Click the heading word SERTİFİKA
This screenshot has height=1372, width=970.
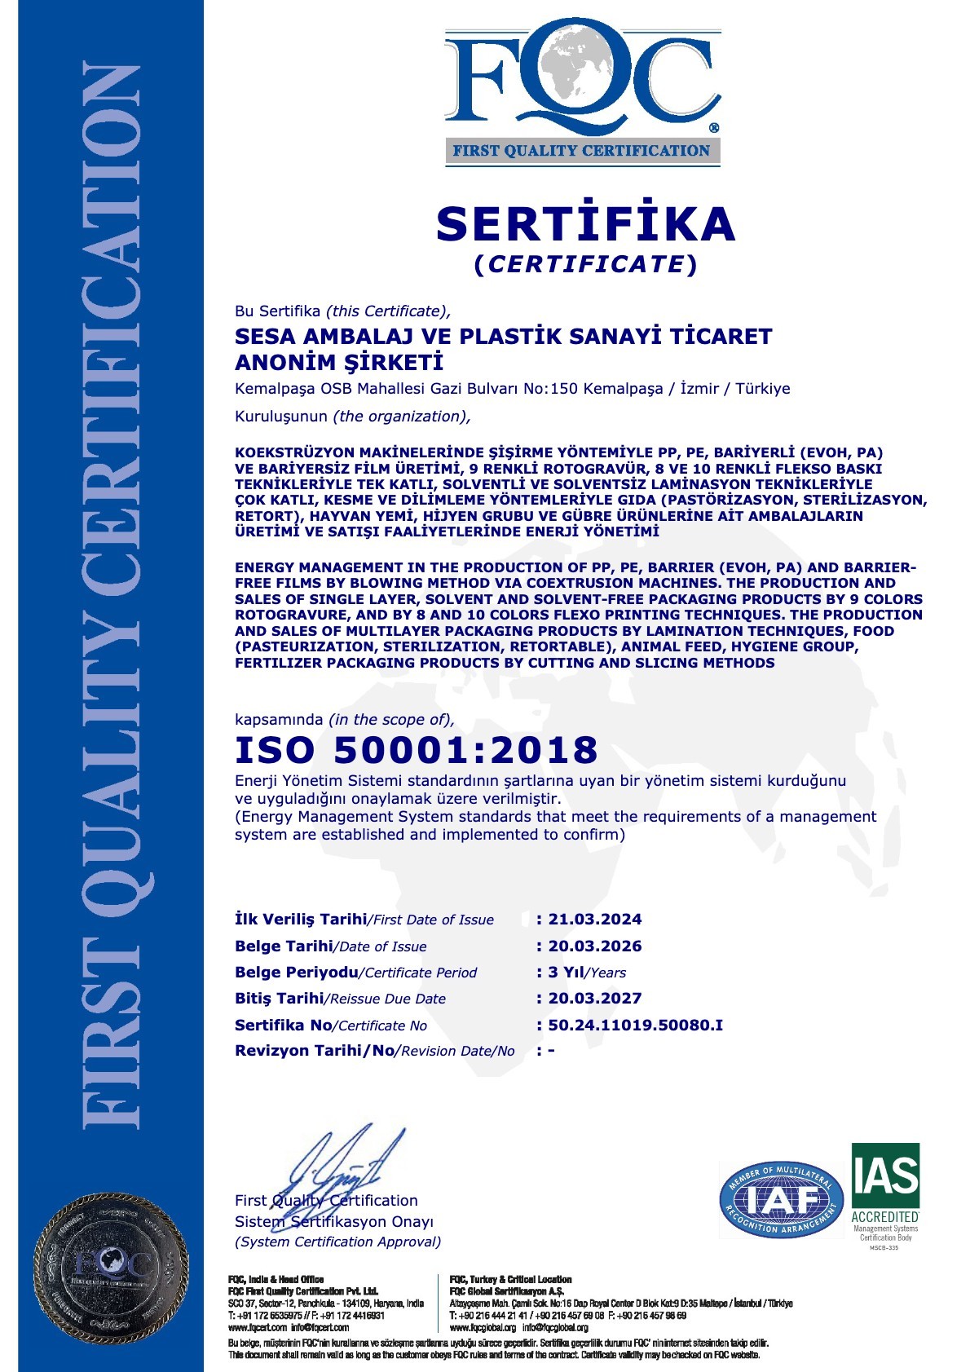[x=586, y=223]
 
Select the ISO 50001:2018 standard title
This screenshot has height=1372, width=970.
[x=417, y=749]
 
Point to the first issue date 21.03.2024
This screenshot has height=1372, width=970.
[x=594, y=919]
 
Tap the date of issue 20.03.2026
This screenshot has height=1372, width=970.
[x=594, y=946]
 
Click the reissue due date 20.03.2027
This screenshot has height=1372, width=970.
[x=594, y=998]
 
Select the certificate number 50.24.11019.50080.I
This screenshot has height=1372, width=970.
[x=635, y=1025]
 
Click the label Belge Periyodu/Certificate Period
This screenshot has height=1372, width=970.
[x=355, y=973]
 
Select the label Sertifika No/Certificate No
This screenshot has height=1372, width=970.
[x=331, y=1026]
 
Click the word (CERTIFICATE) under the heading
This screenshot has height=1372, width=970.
[x=586, y=264]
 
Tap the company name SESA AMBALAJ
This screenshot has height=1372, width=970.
[x=503, y=336]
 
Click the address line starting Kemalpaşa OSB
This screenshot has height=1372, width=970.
[x=512, y=389]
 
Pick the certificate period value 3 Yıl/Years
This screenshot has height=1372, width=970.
[x=587, y=972]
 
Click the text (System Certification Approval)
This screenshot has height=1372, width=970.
[x=337, y=1242]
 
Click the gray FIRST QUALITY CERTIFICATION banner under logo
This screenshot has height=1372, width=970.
[x=582, y=150]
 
